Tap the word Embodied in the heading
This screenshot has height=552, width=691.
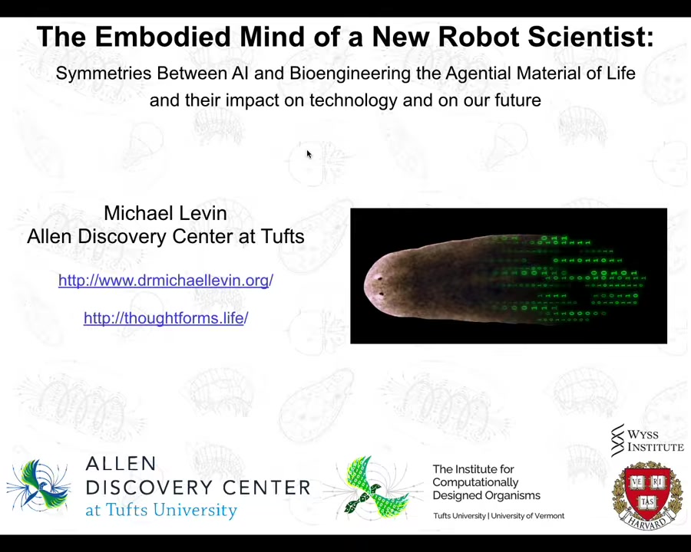click(163, 37)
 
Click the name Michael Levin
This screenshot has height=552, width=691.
click(166, 213)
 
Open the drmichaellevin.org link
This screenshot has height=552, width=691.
click(166, 281)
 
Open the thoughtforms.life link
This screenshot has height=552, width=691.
click(166, 318)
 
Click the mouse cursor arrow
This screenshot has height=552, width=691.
click(309, 154)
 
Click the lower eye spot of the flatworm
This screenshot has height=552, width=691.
click(381, 294)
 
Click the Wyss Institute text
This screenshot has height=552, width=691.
click(656, 441)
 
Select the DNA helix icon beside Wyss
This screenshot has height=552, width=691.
click(618, 441)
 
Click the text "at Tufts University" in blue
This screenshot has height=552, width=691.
click(161, 510)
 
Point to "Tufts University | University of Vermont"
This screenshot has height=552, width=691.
click(498, 515)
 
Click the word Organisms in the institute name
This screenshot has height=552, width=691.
click(513, 496)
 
